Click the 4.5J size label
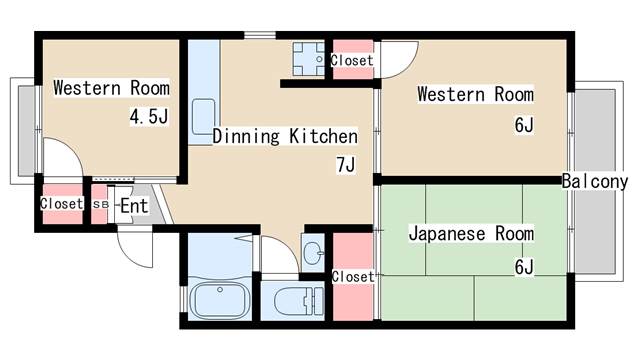[147, 116]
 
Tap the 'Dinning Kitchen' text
[285, 136]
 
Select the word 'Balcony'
[594, 181]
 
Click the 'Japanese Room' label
[472, 234]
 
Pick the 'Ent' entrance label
[133, 206]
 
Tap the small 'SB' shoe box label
[100, 204]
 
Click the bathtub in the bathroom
[219, 299]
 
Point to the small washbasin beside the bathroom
[311, 249]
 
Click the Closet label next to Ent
[61, 203]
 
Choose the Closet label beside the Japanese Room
[352, 276]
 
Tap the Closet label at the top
[351, 60]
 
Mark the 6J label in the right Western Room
[524, 126]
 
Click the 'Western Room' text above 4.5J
[111, 87]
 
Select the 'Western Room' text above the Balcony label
[475, 95]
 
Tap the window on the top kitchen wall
[260, 36]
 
